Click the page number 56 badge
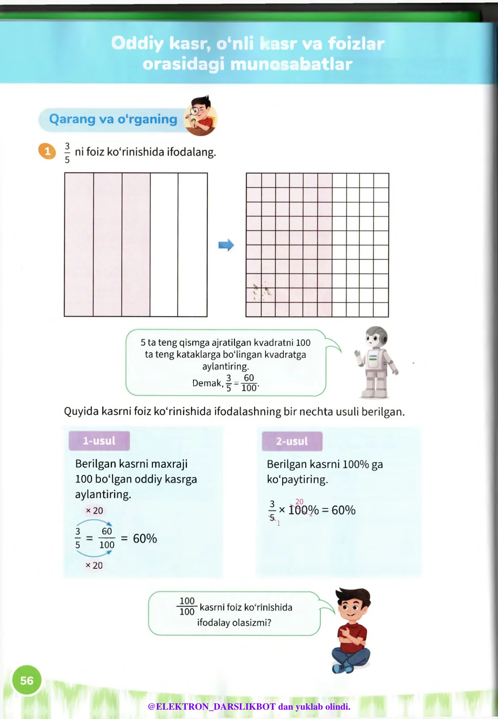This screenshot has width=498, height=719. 27,680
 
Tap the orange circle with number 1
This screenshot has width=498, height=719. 47,151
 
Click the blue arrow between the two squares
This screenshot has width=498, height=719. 226,245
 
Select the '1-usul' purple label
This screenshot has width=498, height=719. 99,441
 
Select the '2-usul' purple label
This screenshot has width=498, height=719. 292,441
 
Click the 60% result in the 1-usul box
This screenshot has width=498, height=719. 145,539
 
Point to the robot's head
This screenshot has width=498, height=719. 375,337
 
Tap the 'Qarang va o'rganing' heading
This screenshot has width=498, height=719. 113,119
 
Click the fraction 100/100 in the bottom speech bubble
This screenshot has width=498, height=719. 187,606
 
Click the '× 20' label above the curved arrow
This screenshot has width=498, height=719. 94,511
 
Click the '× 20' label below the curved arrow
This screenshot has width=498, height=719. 94,565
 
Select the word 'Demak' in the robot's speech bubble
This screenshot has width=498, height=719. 207,383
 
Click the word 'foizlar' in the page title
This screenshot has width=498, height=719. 356,43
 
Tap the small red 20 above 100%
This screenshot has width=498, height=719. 299,502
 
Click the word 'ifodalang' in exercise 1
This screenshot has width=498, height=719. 191,152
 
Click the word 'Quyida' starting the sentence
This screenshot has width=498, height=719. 81,412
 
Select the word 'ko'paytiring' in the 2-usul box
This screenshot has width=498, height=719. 297,480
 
